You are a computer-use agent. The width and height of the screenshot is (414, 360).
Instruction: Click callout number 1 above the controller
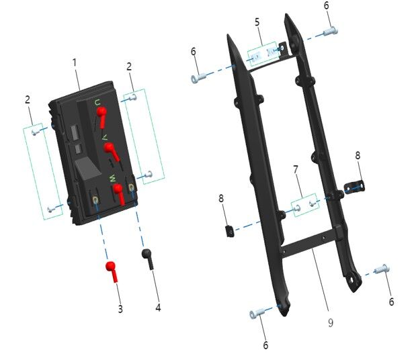pos(75,62)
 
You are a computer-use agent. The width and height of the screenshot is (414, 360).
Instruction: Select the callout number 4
pos(159,308)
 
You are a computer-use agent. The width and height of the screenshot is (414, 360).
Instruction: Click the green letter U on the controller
pos(97,103)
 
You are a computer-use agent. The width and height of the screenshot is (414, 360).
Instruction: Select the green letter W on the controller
pos(113,178)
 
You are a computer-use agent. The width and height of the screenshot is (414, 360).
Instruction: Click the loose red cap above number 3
pos(112,270)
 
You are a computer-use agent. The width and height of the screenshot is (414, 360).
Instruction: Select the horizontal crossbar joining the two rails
pos(309,244)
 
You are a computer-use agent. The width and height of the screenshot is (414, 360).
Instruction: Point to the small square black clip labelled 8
pos(229,231)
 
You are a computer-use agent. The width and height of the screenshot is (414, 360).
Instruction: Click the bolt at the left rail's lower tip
pos(259,314)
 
